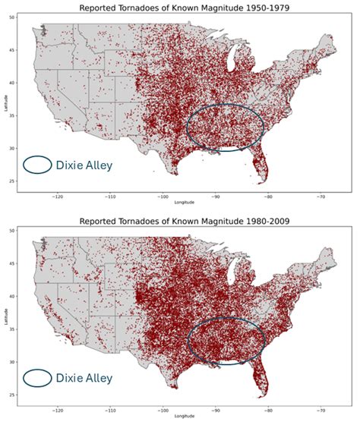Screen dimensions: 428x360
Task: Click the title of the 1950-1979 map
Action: [x=179, y=8]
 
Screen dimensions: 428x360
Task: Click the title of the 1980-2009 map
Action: [x=179, y=222]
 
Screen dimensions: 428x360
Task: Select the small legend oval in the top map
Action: [x=37, y=164]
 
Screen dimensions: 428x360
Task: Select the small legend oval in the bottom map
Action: [x=37, y=377]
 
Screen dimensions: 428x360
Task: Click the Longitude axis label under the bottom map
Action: [x=182, y=417]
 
